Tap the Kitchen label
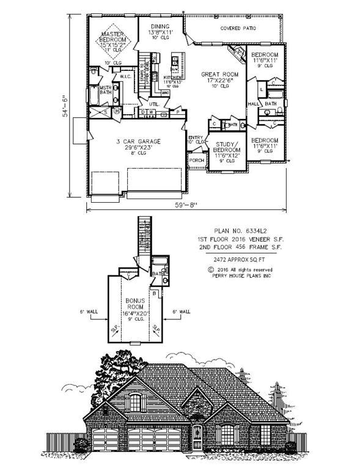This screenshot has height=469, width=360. point(170,78)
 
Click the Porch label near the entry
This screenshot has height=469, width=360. point(196,160)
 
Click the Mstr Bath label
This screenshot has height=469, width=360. point(105,90)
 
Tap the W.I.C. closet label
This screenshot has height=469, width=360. point(124,76)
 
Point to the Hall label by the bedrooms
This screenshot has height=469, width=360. point(254,104)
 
